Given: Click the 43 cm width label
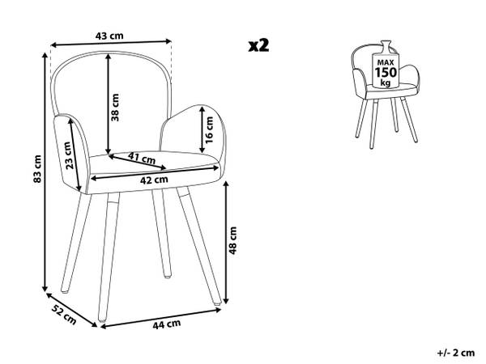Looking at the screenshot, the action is point(109,36).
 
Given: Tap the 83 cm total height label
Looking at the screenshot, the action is point(37,169).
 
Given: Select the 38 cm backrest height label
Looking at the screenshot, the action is point(115,107).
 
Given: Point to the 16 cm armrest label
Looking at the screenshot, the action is point(210,129).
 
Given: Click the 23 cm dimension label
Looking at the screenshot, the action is point(69,155).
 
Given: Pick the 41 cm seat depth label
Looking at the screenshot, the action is point(142,159).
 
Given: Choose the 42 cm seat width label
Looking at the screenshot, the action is point(154,180).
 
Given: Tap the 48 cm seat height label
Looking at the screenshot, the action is point(232,240).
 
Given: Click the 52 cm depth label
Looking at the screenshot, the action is point(64,315).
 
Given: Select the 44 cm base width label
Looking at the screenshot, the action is point(166,324).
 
